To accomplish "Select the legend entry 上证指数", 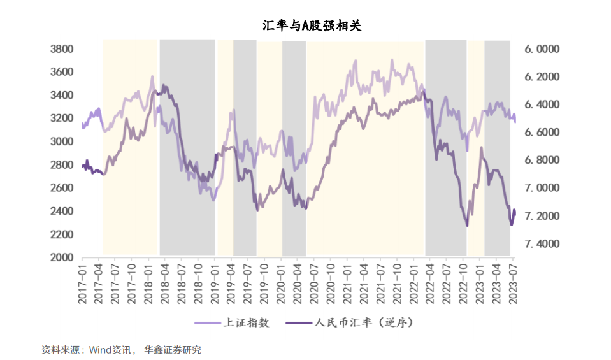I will [247, 323].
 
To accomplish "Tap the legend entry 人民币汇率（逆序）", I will [364, 323].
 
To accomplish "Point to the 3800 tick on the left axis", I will [62, 49].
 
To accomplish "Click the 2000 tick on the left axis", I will [62, 257].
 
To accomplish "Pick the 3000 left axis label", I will [62, 141].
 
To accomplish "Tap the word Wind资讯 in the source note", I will [110, 350].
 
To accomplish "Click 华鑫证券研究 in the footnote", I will [173, 350].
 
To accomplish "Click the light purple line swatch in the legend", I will [208, 323].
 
